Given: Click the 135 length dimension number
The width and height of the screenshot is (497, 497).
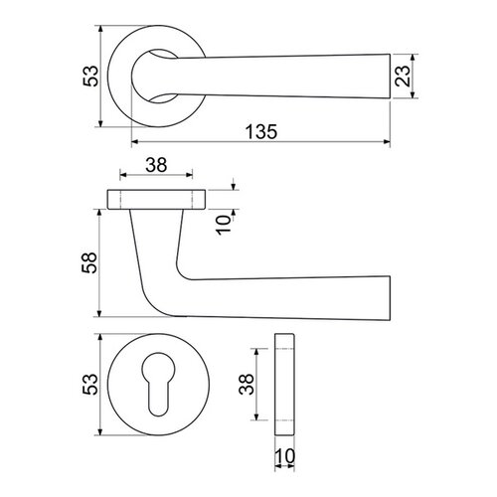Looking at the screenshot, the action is pyautogui.click(x=261, y=131).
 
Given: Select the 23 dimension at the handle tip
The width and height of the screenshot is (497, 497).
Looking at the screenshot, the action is pyautogui.click(x=403, y=76).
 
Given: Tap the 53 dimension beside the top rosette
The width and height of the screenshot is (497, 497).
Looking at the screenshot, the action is pyautogui.click(x=90, y=77).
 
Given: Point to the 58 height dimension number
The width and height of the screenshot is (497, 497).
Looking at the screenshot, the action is pyautogui.click(x=89, y=262).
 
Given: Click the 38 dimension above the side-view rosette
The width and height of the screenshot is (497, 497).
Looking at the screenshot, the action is pyautogui.click(x=156, y=165).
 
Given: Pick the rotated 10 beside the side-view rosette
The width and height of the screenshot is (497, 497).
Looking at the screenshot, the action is pyautogui.click(x=224, y=225).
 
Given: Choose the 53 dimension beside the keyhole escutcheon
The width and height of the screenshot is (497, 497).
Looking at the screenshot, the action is pyautogui.click(x=90, y=385).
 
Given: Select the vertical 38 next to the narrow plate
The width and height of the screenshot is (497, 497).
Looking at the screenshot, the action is pyautogui.click(x=247, y=384).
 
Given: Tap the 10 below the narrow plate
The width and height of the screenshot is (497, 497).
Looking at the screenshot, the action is pyautogui.click(x=284, y=456).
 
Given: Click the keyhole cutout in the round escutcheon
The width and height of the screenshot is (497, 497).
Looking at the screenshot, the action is pyautogui.click(x=158, y=384).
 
